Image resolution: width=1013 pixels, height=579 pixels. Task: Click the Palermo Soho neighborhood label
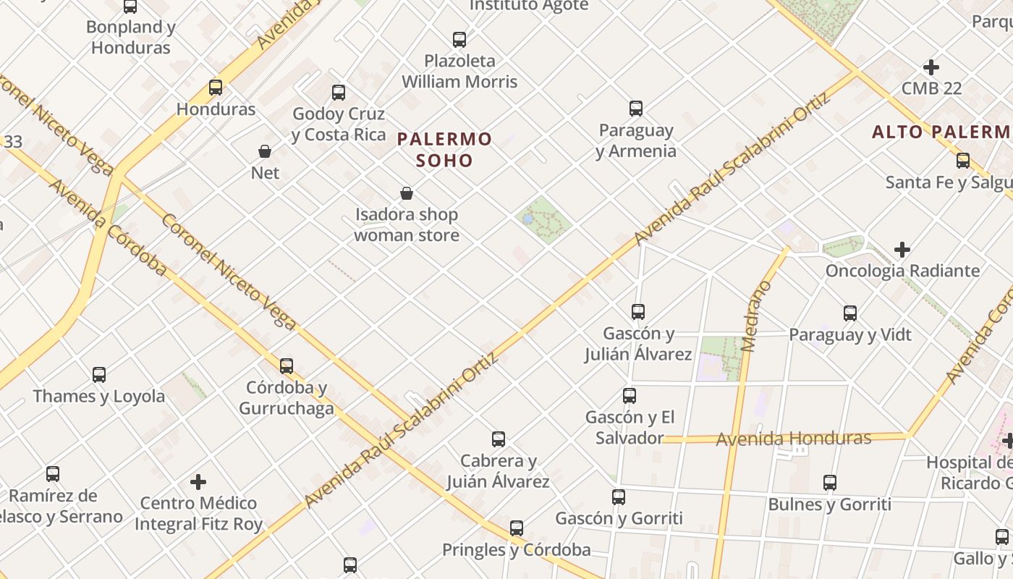[444, 149]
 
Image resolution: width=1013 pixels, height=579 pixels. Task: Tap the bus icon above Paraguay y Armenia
[636, 109]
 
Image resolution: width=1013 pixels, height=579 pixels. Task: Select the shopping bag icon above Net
[265, 151]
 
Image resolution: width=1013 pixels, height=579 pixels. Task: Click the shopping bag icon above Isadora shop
[407, 193]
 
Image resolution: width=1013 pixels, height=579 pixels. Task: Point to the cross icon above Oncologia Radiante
[902, 250]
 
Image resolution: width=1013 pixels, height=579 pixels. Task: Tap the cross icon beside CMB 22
[931, 67]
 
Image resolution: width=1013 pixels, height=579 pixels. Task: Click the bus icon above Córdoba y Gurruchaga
[287, 365]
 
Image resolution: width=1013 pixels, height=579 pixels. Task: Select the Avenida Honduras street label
[793, 439]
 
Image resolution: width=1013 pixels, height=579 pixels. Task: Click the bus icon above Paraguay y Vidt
[850, 313]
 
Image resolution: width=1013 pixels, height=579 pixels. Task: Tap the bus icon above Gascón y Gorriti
[619, 497]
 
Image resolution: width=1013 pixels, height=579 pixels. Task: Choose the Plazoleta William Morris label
[459, 71]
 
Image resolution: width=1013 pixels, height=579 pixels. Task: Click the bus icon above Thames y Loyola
[99, 375]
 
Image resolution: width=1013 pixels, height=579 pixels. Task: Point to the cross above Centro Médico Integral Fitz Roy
[198, 481]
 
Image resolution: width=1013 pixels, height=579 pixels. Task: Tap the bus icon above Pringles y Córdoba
[517, 528]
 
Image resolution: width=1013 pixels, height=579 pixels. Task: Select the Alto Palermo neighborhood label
[941, 132]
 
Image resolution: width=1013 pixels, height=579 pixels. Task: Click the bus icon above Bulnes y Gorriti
[830, 483]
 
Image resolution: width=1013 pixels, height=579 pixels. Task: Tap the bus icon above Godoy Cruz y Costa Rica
[339, 93]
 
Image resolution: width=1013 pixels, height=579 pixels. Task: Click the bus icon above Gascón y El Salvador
[630, 396]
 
